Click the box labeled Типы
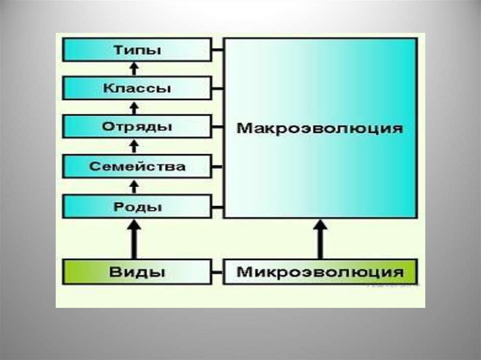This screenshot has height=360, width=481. [x=137, y=50]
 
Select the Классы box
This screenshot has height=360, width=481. [x=137, y=88]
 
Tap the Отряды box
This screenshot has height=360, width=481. [x=137, y=127]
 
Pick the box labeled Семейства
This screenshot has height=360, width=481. [x=137, y=166]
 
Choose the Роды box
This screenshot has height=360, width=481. [x=137, y=207]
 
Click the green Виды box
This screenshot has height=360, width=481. [x=137, y=271]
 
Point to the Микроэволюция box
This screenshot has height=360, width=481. [x=320, y=272]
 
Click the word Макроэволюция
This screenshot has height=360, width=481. [x=320, y=128]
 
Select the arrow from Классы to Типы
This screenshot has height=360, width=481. [x=134, y=69]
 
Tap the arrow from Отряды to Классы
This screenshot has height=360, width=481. [x=134, y=108]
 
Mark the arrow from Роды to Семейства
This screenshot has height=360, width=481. [x=134, y=186]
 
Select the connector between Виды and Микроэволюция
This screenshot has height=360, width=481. [x=217, y=272]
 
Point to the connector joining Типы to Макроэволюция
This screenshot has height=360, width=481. [x=217, y=50]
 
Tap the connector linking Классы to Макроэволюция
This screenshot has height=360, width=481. [x=217, y=88]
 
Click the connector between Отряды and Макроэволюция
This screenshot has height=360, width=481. [x=217, y=127]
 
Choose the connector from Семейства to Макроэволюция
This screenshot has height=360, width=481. [x=217, y=166]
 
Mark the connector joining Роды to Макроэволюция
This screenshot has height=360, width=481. [x=217, y=207]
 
